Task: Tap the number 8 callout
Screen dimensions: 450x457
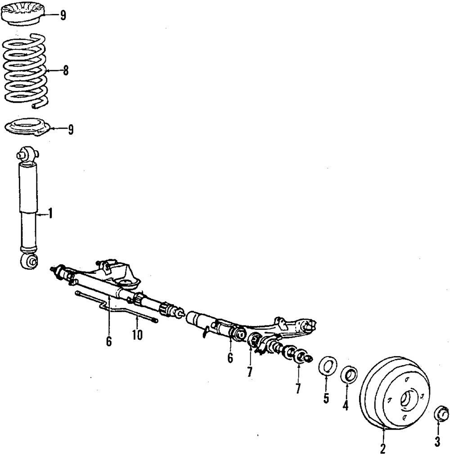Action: click(66, 71)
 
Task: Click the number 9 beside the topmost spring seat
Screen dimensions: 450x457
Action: click(63, 16)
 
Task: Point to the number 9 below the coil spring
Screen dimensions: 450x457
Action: click(70, 130)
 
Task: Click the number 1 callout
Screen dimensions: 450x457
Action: click(50, 213)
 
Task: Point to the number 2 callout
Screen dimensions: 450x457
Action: click(383, 448)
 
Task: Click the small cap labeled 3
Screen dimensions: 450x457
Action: click(442, 413)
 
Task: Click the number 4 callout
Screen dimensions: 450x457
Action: click(345, 406)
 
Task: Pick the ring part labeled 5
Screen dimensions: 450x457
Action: click(327, 365)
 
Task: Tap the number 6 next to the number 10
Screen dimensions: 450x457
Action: click(109, 342)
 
